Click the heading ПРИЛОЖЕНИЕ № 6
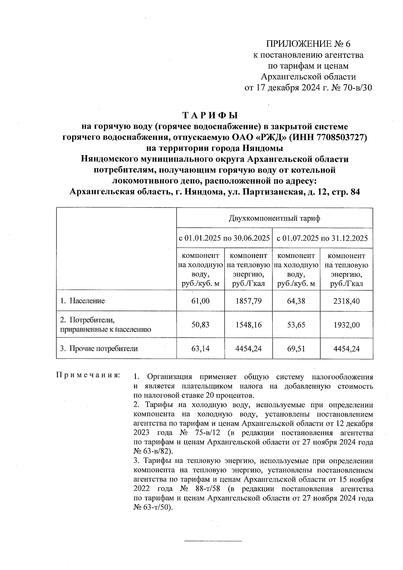[x=308, y=44]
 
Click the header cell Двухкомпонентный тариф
[x=274, y=219]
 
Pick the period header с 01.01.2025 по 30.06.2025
[x=224, y=238]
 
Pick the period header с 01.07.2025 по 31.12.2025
[x=322, y=238]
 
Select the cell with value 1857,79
[x=249, y=301]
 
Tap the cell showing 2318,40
[x=346, y=301]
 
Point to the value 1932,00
[x=346, y=325]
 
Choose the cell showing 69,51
[x=296, y=349]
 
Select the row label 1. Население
[x=83, y=301]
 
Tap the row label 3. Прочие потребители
[x=99, y=349]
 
